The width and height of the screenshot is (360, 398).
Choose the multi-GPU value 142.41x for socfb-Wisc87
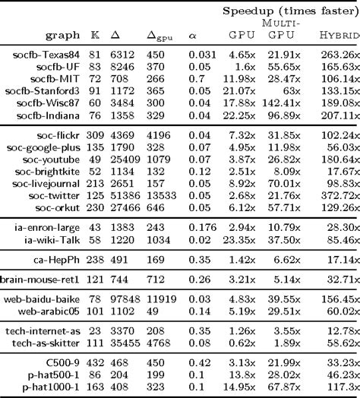click(279, 103)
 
